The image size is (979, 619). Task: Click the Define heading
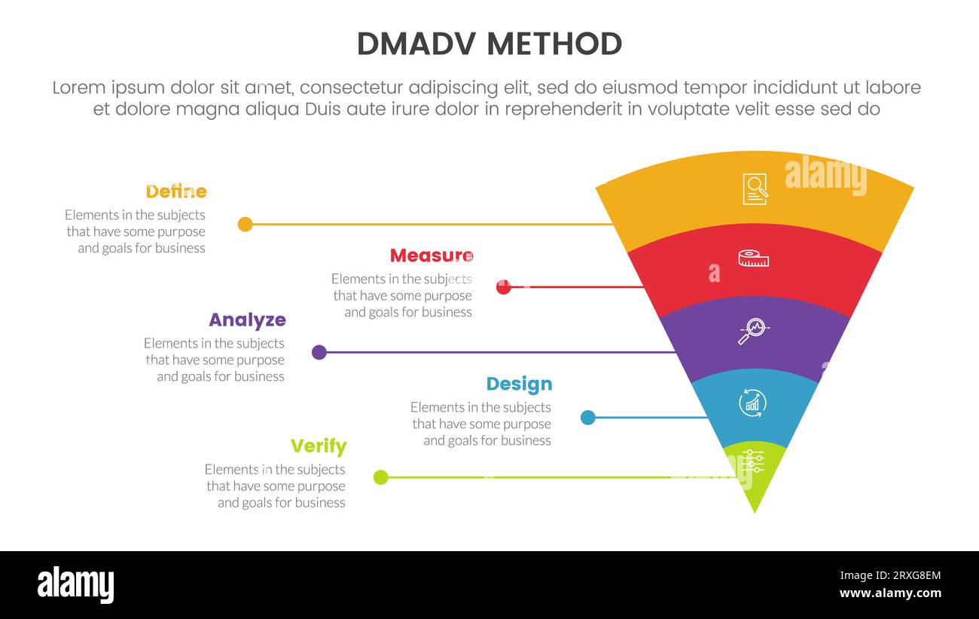click(x=175, y=192)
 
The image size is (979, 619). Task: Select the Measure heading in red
click(x=432, y=256)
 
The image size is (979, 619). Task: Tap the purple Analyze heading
click(x=247, y=320)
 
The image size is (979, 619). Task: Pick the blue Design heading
click(x=519, y=384)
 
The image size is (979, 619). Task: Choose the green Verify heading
click(x=319, y=446)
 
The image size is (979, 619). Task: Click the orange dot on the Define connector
click(x=245, y=224)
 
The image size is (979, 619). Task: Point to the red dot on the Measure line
click(x=504, y=287)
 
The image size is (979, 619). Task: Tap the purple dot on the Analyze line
click(x=319, y=352)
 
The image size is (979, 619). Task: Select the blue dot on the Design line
click(x=588, y=417)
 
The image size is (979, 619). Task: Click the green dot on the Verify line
click(x=381, y=477)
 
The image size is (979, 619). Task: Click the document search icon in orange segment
click(x=755, y=188)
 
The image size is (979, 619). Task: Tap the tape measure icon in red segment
click(x=754, y=259)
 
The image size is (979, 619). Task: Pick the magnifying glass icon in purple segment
click(x=753, y=331)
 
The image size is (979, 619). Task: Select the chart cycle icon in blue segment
click(x=752, y=403)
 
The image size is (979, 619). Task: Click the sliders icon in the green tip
click(x=752, y=461)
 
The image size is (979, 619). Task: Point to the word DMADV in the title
click(x=416, y=44)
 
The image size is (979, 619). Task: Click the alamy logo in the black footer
click(x=75, y=585)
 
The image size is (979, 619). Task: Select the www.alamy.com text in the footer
click(x=890, y=593)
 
